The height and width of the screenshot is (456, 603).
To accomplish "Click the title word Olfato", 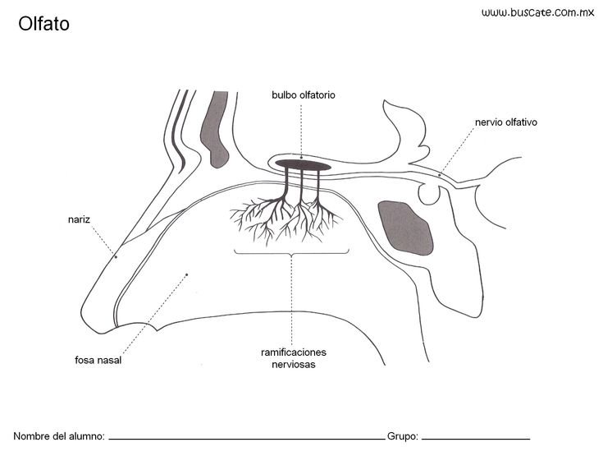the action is click(x=43, y=24).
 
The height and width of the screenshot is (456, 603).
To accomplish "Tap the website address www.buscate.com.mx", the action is click(x=537, y=12).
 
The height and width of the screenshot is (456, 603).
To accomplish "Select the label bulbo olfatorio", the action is click(x=304, y=94).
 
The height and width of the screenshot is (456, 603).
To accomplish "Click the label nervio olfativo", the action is click(x=506, y=122).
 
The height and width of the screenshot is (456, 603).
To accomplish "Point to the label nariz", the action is click(x=79, y=219).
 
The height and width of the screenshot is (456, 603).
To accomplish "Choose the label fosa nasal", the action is click(x=98, y=360).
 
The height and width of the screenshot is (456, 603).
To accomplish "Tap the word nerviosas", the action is click(x=294, y=364).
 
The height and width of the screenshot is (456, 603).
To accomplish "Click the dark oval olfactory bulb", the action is click(x=303, y=165).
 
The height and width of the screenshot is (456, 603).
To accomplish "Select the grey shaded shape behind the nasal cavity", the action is click(x=406, y=228).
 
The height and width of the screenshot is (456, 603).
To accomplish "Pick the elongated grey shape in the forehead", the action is click(x=215, y=129).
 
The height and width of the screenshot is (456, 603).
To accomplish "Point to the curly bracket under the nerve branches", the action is click(x=291, y=253).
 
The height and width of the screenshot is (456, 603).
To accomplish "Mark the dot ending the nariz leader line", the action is click(x=116, y=256).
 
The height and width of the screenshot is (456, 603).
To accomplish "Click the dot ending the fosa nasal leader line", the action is click(x=187, y=274).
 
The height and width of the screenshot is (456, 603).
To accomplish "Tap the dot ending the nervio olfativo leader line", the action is click(x=440, y=175).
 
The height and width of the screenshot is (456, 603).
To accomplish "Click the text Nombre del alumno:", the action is click(x=59, y=436).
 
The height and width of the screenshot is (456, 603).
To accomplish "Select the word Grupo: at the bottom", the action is click(x=403, y=436).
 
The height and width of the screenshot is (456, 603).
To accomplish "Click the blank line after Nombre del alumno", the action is click(x=247, y=439).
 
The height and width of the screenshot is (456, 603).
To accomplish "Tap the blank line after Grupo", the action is click(x=476, y=439).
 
